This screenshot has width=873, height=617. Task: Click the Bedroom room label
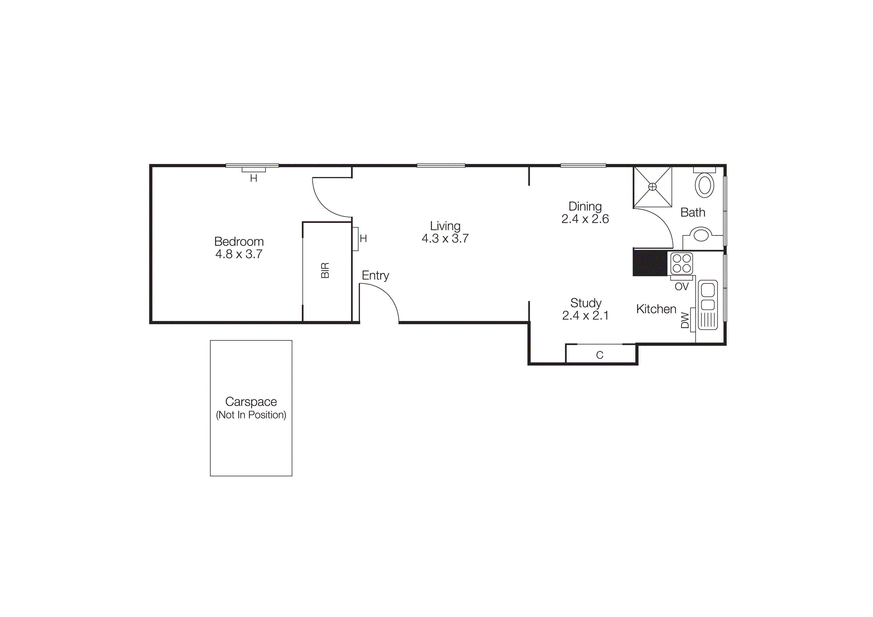(x=239, y=241)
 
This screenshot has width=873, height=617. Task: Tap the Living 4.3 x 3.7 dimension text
(x=445, y=238)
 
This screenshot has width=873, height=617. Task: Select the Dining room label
(x=585, y=206)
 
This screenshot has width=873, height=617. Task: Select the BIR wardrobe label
(x=325, y=270)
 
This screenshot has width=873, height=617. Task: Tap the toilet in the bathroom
(x=704, y=185)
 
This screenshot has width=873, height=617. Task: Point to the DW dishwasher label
(x=685, y=320)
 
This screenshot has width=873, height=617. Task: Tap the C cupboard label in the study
(x=600, y=355)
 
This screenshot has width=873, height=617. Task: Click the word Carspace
(x=251, y=401)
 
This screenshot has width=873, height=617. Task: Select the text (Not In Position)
(x=251, y=415)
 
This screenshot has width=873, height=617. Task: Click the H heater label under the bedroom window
(x=254, y=178)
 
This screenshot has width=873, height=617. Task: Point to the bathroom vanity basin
(x=701, y=234)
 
